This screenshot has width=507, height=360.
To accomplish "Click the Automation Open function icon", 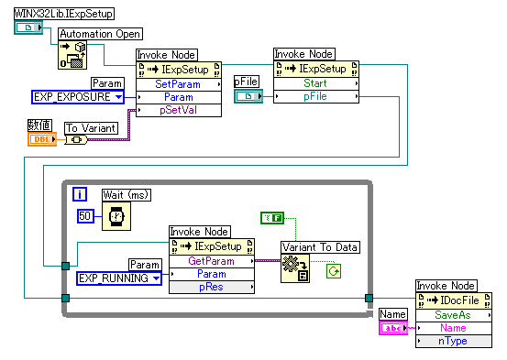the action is click(72, 55).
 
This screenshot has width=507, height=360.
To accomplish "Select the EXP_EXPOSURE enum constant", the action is click(78, 97).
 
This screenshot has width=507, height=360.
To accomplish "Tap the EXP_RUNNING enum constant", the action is click(119, 278).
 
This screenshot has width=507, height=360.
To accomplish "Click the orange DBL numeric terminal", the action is click(42, 139).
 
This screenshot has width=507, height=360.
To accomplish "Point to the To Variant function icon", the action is click(76, 140).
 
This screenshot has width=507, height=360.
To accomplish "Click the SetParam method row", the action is click(179, 84).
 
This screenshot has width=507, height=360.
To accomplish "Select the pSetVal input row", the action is click(179, 110).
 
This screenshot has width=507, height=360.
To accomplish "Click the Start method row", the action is click(316, 83).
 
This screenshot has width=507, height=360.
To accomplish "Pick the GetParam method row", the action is click(212, 261).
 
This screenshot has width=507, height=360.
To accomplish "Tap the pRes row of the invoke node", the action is click(212, 287).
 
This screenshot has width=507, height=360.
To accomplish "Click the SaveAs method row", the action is click(454, 315).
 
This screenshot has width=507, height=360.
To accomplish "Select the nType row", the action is click(454, 341).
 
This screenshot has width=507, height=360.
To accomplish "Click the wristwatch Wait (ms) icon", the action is click(116, 216).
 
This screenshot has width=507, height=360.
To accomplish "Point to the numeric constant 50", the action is click(85, 216).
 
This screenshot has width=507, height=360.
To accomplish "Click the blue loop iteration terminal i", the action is click(80, 194).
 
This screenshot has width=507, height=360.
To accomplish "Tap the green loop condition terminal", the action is click(334, 271).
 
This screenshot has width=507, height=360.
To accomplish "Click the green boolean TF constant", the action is click(272, 218).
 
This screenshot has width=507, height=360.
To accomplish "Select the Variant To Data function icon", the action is click(295, 268).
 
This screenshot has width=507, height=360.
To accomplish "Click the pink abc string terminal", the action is click(393, 328).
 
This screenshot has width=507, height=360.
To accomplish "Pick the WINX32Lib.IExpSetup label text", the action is click(64, 14).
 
